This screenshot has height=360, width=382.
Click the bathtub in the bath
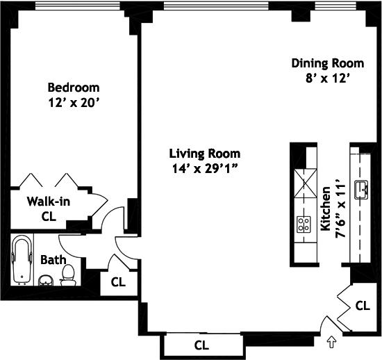pyautogui.click(x=22, y=260)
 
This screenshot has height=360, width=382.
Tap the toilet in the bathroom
pyautogui.click(x=68, y=275)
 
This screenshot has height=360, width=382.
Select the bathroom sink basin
pyautogui.click(x=46, y=281)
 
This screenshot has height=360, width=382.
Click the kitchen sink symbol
pyautogui.click(x=361, y=190)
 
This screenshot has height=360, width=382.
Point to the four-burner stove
pyautogui.click(x=304, y=224)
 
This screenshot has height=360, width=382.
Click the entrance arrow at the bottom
pyautogui.click(x=331, y=342)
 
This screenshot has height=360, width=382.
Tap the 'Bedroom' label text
pyautogui.click(x=74, y=88)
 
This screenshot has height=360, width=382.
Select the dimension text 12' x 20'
pyautogui.click(x=74, y=103)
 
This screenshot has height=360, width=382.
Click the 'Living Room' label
pyautogui.click(x=205, y=154)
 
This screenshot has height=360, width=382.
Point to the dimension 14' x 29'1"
pyautogui.click(x=205, y=169)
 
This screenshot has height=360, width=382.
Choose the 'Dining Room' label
pyautogui.click(x=328, y=63)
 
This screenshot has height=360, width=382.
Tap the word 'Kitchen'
pyautogui.click(x=326, y=209)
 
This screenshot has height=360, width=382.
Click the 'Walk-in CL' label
pyautogui.click(x=49, y=209)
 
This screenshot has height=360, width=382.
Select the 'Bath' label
pyautogui.click(x=53, y=260)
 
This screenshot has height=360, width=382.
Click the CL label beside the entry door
pyautogui.click(x=363, y=306)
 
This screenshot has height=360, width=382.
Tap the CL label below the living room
pyautogui.click(x=201, y=345)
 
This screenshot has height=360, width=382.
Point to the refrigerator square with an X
pyautogui.click(x=306, y=183)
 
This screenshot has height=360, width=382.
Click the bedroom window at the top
pyautogui.click(x=78, y=6)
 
